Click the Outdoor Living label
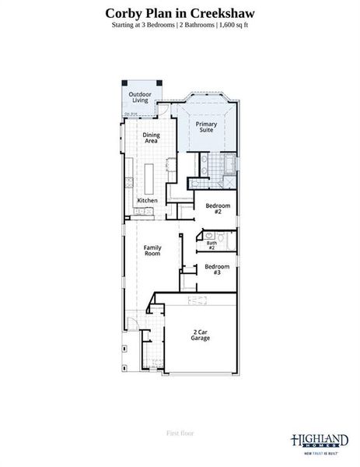(140, 98)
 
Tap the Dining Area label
(151, 138)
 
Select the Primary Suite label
(206, 127)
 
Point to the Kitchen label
(147, 201)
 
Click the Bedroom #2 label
(213, 209)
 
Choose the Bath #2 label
(211, 245)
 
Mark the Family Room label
(152, 251)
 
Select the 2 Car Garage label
(200, 336)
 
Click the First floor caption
(180, 433)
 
